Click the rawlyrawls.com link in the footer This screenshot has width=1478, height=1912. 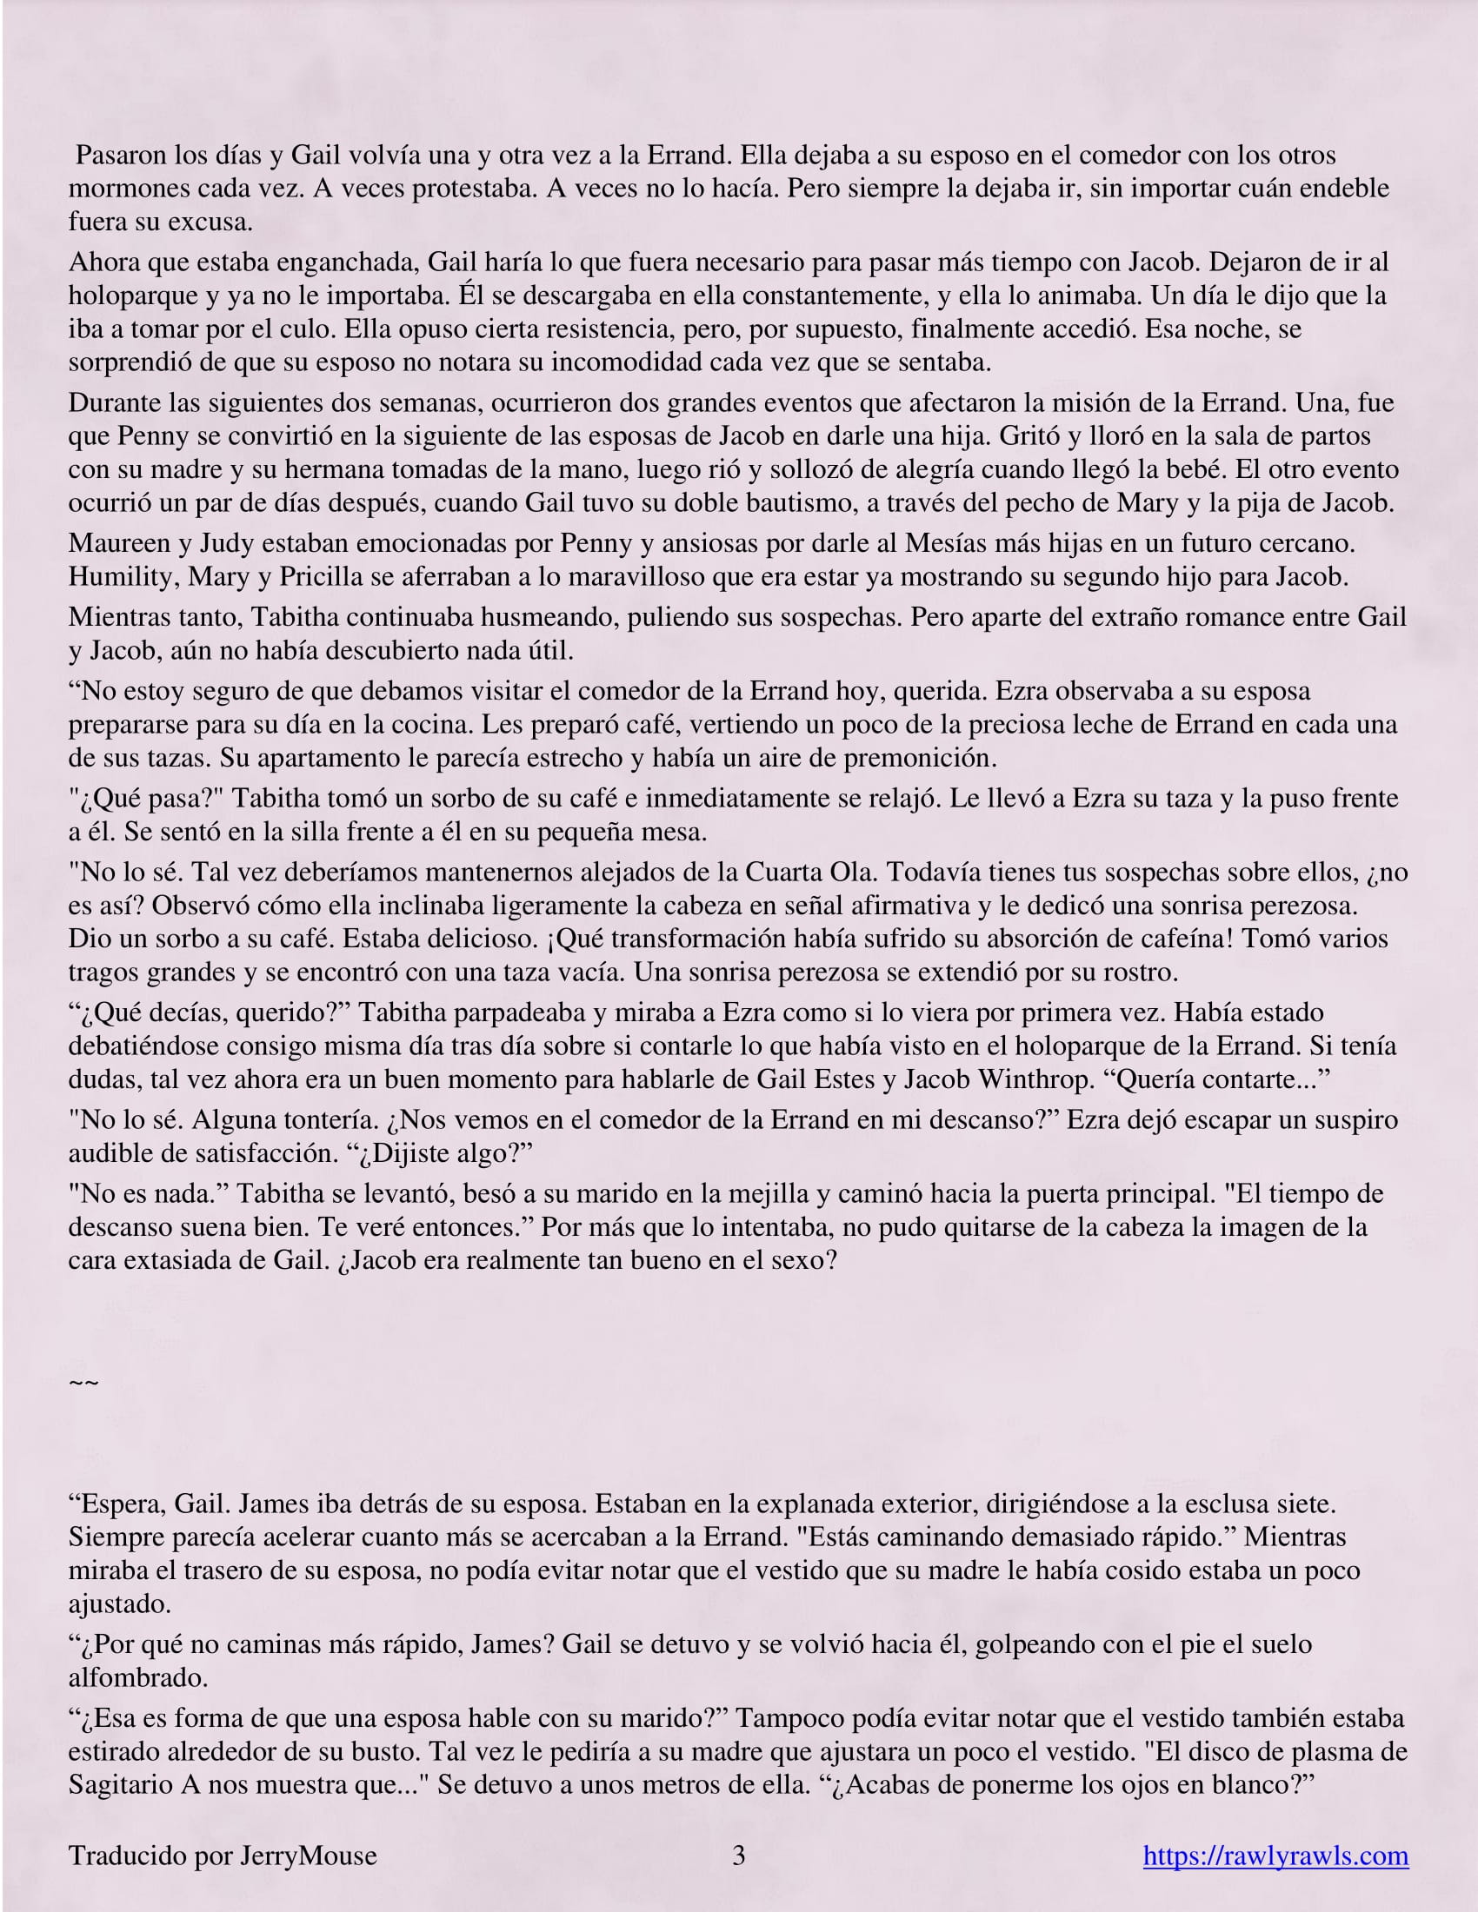(1275, 1856)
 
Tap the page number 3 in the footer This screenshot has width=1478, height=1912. (738, 1856)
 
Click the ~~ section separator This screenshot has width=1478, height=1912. (83, 1383)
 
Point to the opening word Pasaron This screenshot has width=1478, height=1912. (121, 155)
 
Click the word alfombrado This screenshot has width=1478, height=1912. (137, 1677)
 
